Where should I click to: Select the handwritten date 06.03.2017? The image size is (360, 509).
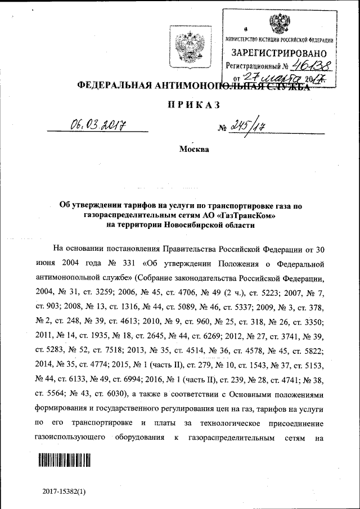coord(97,123)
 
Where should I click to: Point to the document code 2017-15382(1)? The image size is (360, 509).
coord(64,492)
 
